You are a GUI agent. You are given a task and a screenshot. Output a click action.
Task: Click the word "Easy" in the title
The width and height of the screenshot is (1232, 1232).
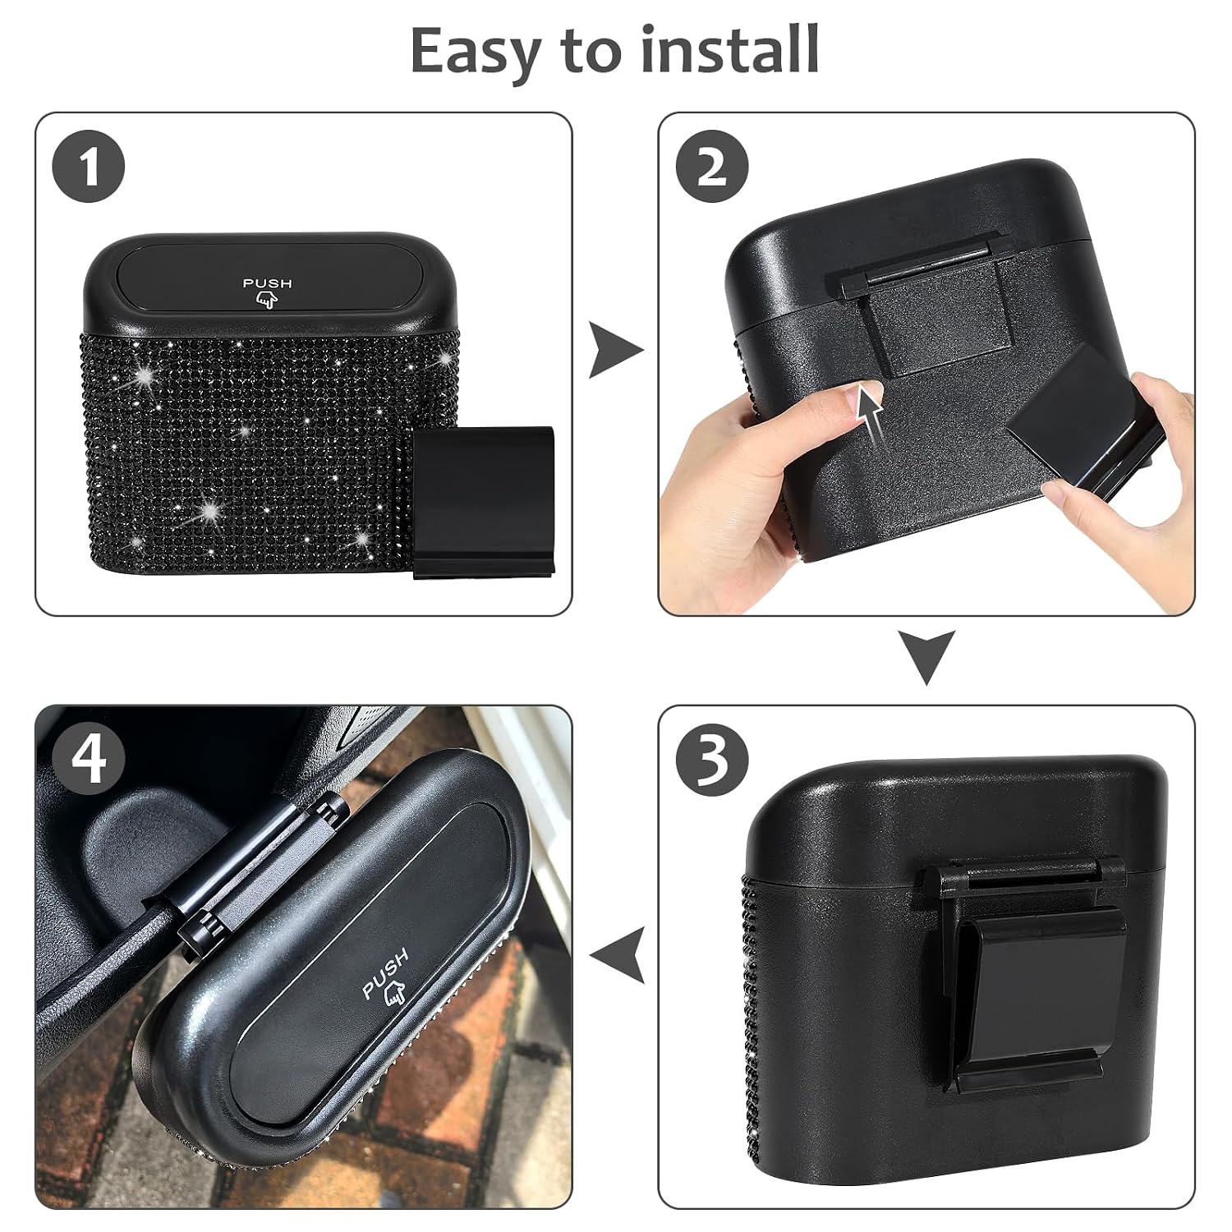[478, 52]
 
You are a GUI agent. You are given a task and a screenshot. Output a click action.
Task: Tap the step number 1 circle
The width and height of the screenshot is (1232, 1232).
[89, 166]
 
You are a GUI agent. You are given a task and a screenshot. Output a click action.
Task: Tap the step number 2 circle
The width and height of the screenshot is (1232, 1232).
[711, 166]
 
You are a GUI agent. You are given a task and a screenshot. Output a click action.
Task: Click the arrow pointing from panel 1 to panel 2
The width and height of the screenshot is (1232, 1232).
[616, 352]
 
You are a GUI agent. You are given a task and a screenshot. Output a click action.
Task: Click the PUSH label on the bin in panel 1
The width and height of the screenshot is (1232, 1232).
[267, 283]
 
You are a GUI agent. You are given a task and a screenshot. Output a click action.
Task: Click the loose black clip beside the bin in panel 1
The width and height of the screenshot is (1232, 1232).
[483, 502]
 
